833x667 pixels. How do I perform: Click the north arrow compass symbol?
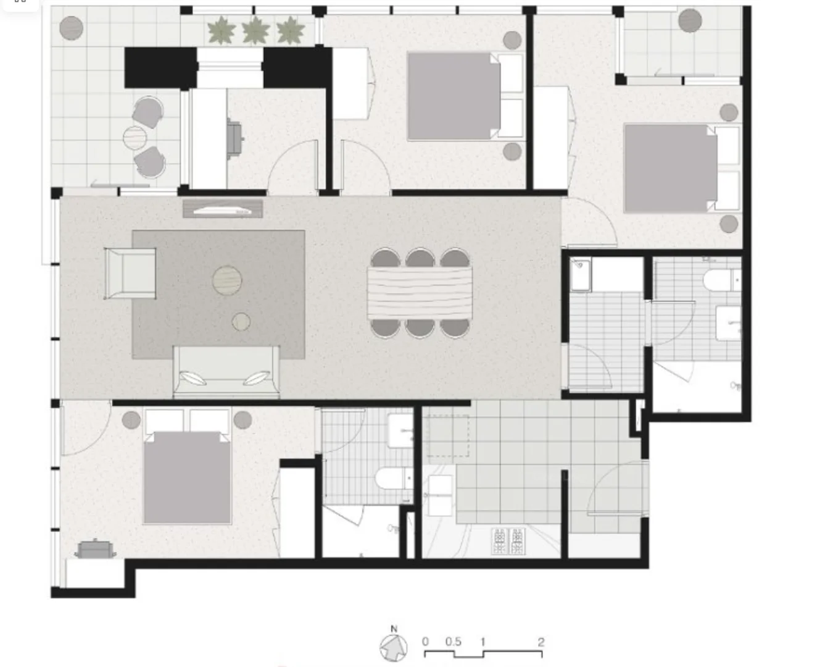(x=394, y=647)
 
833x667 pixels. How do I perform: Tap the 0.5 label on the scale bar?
(x=454, y=642)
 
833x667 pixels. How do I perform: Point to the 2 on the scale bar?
(x=541, y=642)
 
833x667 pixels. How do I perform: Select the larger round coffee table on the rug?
(x=227, y=280)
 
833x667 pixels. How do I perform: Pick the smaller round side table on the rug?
(x=241, y=322)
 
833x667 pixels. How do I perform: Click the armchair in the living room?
(x=130, y=273)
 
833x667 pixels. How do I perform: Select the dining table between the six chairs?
(x=420, y=293)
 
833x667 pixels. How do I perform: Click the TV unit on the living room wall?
(x=223, y=209)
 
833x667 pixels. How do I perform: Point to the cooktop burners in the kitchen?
(x=508, y=542)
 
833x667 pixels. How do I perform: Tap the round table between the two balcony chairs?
(x=135, y=136)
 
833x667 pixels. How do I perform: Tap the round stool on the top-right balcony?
(x=690, y=20)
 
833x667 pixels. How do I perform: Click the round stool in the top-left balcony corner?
(x=72, y=28)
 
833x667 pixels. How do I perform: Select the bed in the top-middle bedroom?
(x=454, y=96)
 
